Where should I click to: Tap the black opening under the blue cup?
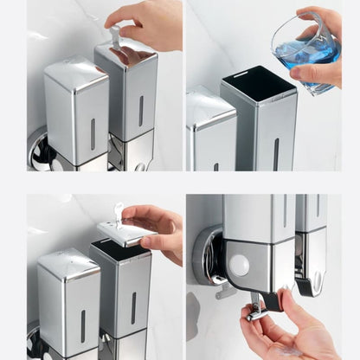(257, 83)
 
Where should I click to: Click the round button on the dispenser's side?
(240, 266)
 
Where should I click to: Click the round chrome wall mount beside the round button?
(208, 255)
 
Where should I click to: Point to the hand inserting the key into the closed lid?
(147, 22)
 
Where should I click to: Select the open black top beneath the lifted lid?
(120, 251)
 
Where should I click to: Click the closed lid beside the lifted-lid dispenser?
(67, 264)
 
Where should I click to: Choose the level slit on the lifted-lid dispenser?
(132, 307)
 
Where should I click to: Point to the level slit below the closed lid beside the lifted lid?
(83, 325)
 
